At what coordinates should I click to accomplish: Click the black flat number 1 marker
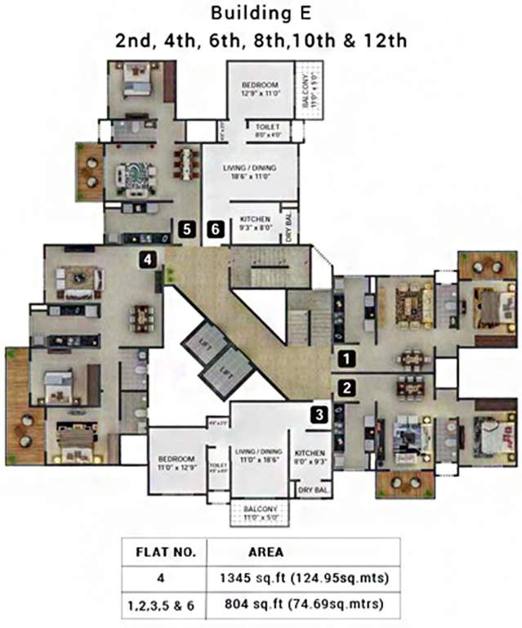[347, 357]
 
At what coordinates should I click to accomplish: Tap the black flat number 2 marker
[347, 388]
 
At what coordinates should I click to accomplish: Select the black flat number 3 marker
[319, 415]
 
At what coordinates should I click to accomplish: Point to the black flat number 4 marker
[147, 259]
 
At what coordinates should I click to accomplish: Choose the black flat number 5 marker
[188, 230]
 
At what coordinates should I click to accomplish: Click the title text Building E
[261, 14]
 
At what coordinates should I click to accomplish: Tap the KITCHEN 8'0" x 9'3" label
[310, 457]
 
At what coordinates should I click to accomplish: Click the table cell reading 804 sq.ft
[303, 607]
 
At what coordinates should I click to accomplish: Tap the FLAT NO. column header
[165, 552]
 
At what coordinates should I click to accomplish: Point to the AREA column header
[265, 552]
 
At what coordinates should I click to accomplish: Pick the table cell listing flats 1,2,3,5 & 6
[165, 607]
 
